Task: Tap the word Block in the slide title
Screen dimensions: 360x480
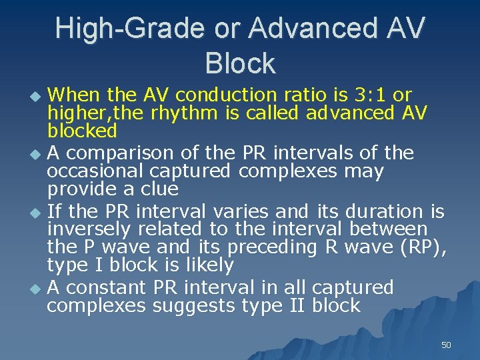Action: click(x=240, y=63)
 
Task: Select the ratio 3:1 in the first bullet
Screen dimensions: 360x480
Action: click(x=375, y=95)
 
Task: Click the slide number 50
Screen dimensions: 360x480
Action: click(x=446, y=345)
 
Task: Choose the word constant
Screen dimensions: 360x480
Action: click(x=107, y=288)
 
